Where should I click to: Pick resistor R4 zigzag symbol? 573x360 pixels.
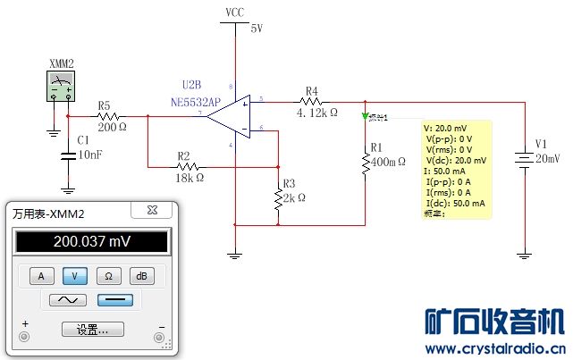(x=313, y=102)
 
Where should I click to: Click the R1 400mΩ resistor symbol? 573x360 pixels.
(x=365, y=163)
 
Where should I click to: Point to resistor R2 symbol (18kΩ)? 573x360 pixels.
(x=185, y=166)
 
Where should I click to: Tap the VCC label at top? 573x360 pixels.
(x=234, y=13)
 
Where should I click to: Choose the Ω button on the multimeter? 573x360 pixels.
(x=108, y=275)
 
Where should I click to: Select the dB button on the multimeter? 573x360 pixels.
(x=142, y=275)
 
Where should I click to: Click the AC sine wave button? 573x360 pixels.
(x=67, y=300)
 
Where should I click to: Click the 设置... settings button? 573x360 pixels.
(x=92, y=330)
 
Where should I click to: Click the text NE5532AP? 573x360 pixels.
(x=197, y=102)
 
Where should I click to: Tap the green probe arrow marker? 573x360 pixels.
(x=366, y=116)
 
